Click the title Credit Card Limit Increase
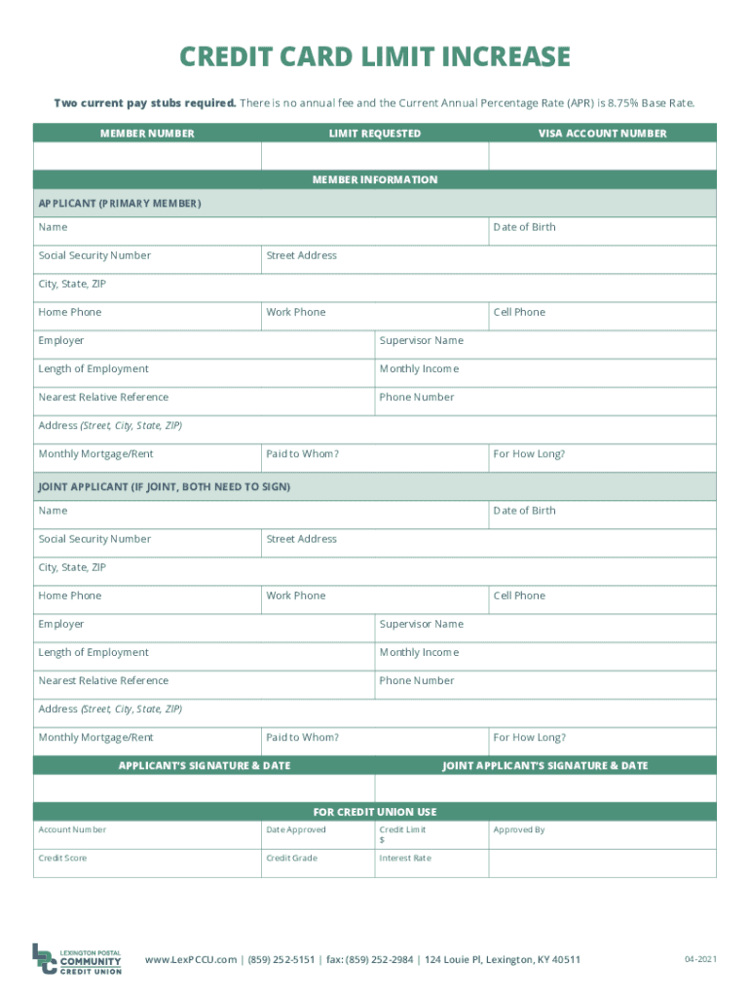374,58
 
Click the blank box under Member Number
147,157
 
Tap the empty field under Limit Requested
374,157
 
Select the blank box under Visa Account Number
602,157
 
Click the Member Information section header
374,180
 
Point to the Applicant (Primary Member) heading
120,204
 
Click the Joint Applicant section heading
165,486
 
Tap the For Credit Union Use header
374,812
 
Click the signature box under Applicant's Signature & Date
204,788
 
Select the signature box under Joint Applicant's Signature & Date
545,788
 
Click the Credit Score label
62,859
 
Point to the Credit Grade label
291,859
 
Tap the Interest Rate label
405,859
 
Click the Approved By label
519,830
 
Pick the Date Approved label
296,830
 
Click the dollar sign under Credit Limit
382,840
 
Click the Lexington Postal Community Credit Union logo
77,959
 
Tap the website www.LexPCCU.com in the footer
191,960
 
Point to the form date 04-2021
699,960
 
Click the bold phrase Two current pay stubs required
144,103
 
